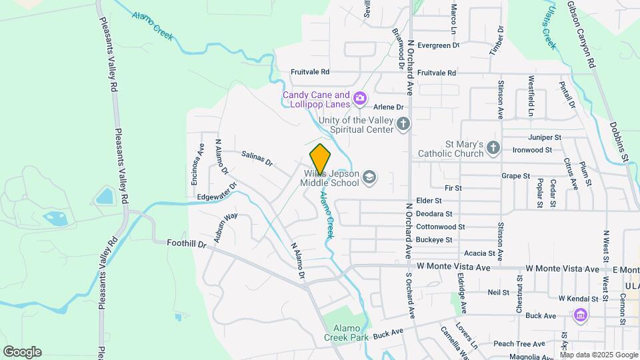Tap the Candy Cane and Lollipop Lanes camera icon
360,99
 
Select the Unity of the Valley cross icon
403,124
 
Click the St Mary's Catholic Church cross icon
493,148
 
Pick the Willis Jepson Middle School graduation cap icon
369,177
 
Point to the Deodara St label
434,214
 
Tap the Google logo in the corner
22,352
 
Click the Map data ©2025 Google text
599,355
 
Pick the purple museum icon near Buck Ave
579,315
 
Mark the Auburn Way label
227,227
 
